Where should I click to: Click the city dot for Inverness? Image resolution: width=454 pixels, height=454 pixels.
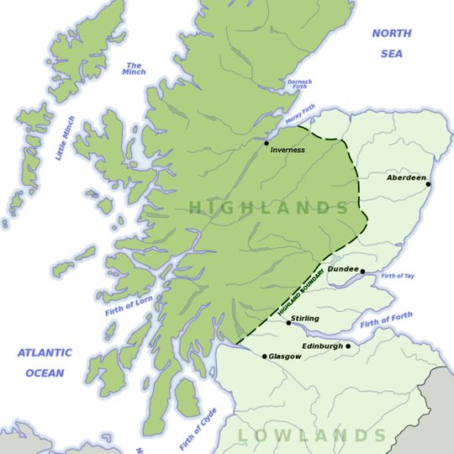pos(267,144)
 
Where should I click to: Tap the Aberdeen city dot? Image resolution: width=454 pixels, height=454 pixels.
pos(427,183)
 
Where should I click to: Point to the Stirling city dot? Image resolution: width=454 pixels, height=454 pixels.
pos(288,322)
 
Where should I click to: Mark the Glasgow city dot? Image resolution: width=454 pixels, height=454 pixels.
pos(264,356)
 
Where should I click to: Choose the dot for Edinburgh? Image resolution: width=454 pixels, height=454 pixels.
pos(348,346)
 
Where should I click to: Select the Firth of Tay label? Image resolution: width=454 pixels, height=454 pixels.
pos(398,276)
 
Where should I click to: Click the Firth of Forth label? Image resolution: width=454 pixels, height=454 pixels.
pos(386,321)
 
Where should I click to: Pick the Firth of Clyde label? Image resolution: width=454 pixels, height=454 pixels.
pos(198,429)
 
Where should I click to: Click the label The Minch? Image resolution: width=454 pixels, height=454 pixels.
pos(135,69)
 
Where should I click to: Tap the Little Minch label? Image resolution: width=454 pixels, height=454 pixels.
pos(65,139)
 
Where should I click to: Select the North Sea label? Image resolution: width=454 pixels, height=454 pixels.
pos(393,44)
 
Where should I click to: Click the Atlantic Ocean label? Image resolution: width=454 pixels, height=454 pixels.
pos(44,362)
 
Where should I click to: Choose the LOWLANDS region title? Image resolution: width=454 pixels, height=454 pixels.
pos(312,435)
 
